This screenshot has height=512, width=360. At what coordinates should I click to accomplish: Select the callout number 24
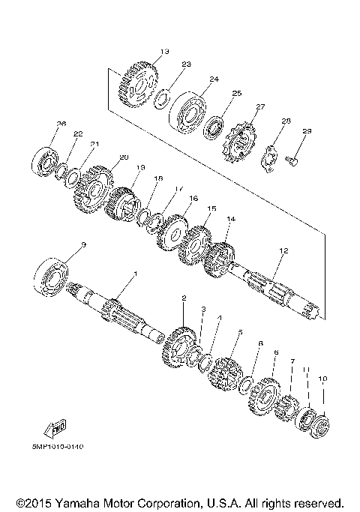tap(214, 79)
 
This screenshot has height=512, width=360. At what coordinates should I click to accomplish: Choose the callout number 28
tap(286, 121)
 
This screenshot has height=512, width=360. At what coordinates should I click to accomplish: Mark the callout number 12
tap(283, 250)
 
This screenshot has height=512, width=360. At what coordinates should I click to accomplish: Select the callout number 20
tap(124, 157)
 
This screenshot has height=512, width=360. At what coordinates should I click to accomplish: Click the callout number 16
tap(193, 199)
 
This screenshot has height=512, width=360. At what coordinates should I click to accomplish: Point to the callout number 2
tap(184, 298)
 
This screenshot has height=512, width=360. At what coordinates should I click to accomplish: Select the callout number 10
tap(322, 379)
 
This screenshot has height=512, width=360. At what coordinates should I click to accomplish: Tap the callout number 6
tap(276, 352)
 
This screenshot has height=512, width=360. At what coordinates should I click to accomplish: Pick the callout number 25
tap(236, 94)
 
